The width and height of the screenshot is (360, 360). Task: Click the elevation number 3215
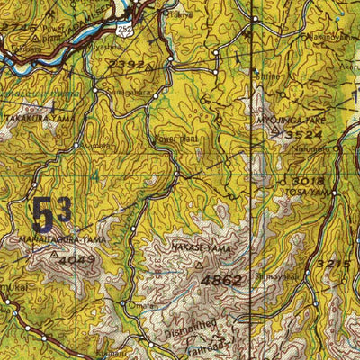point(334,263)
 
